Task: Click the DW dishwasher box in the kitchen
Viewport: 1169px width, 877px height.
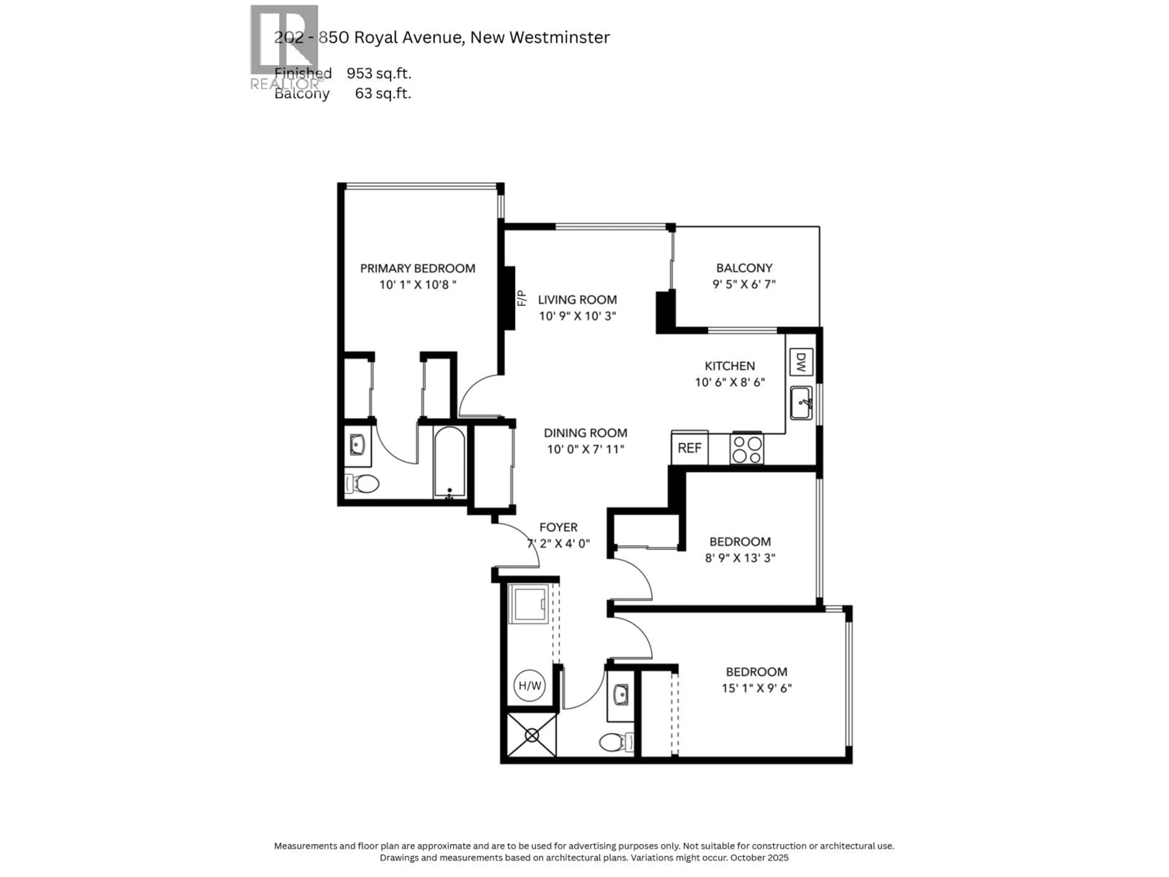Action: click(801, 362)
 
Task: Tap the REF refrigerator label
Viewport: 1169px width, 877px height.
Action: click(690, 448)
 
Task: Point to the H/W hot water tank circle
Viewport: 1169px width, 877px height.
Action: click(529, 686)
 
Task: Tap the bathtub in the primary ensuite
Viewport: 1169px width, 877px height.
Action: click(450, 462)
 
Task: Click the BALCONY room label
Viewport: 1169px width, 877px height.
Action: click(744, 268)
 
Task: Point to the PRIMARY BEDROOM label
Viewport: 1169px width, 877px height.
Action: click(417, 269)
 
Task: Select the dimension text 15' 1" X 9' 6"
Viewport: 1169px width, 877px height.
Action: click(757, 688)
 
